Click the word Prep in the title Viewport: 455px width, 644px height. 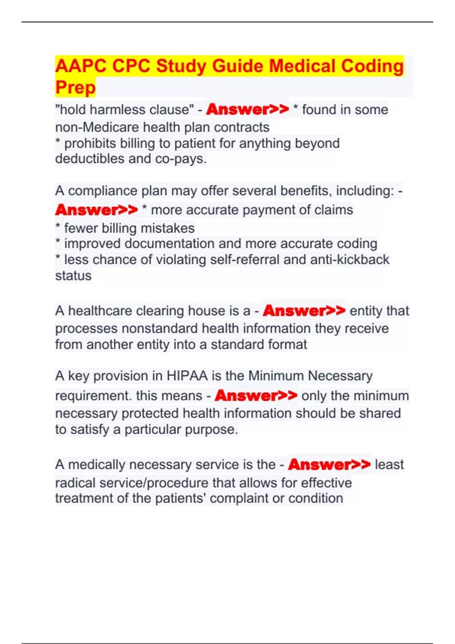[75, 88]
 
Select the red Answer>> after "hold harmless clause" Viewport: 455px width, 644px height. [248, 109]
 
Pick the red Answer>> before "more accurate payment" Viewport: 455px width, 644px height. [96, 210]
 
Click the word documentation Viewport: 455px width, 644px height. [170, 243]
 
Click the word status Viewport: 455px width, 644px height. [73, 275]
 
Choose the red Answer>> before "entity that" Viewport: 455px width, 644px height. [304, 311]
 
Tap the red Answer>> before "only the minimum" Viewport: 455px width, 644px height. [256, 395]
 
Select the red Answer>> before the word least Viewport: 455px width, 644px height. [329, 464]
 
